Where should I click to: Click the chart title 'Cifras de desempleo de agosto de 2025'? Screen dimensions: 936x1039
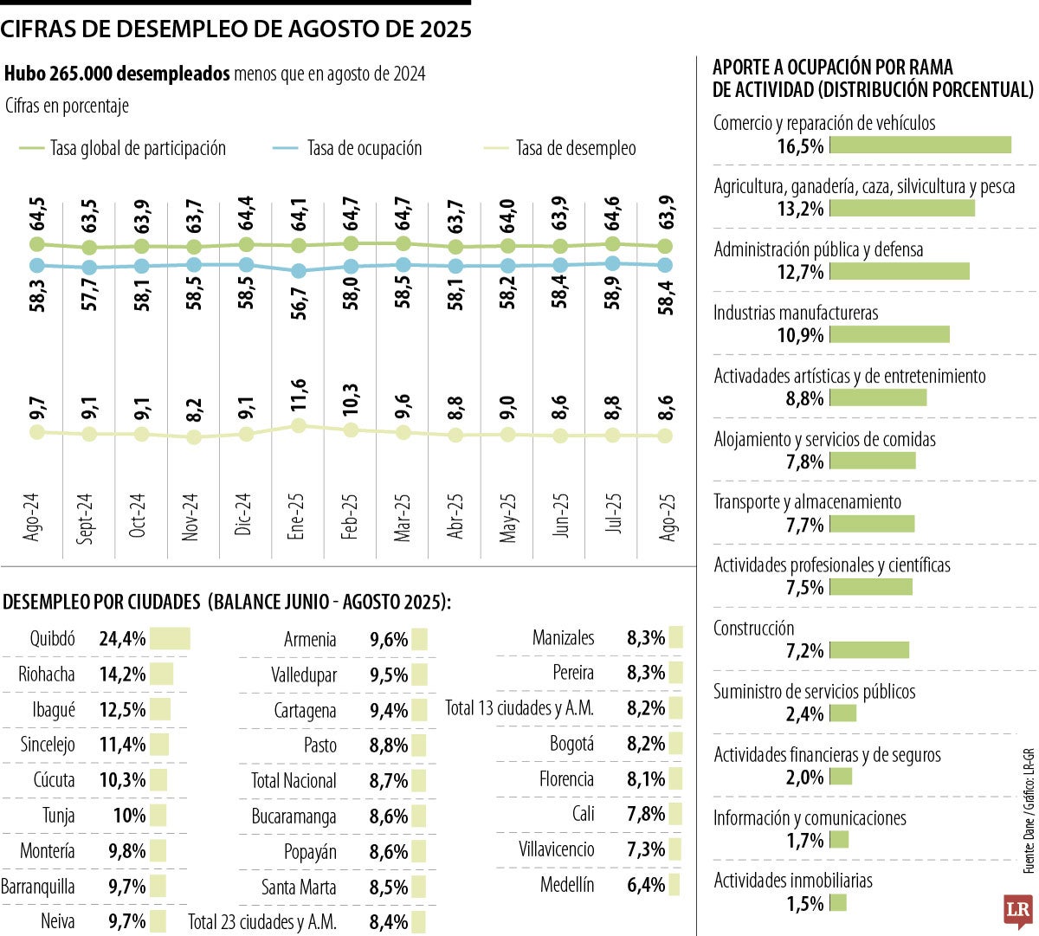click(236, 29)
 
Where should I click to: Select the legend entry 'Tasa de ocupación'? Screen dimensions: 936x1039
click(364, 149)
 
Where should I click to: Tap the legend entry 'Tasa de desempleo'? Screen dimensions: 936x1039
click(575, 149)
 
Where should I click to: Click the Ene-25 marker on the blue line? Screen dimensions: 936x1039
click(299, 271)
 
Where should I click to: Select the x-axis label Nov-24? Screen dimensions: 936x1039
click(190, 518)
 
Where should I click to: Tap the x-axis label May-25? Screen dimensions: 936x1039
click(508, 518)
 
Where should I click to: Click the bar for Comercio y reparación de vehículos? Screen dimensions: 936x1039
click(920, 145)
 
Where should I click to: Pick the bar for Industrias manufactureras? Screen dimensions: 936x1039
click(889, 334)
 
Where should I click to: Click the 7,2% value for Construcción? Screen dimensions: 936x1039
click(804, 651)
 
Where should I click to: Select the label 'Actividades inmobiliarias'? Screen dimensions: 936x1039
click(793, 881)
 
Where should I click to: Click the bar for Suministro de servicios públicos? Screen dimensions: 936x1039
click(843, 713)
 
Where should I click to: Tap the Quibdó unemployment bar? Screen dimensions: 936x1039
click(170, 639)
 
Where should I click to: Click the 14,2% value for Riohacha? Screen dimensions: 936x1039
click(122, 675)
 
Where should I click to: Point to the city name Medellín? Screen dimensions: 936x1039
click(567, 885)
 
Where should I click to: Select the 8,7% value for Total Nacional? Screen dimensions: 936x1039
click(388, 781)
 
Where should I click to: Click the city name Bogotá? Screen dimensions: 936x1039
click(571, 744)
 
